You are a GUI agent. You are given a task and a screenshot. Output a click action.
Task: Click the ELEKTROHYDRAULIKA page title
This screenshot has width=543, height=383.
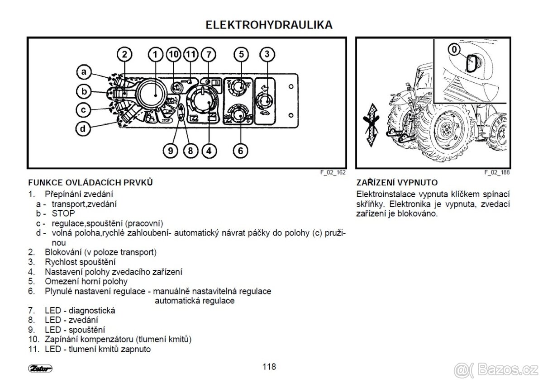[x=269, y=25]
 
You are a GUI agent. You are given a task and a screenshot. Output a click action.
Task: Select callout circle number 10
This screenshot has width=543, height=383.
[x=174, y=55]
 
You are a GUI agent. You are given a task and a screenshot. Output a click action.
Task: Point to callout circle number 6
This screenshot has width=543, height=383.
[x=241, y=151]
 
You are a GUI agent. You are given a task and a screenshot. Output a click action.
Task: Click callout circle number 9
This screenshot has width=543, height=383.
[x=170, y=151]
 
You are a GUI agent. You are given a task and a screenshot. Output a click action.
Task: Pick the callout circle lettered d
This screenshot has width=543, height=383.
[x=83, y=129]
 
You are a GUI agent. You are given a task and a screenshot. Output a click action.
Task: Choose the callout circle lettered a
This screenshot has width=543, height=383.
[x=83, y=71]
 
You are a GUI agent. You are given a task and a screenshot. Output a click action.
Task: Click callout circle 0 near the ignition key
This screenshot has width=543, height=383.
[x=454, y=48]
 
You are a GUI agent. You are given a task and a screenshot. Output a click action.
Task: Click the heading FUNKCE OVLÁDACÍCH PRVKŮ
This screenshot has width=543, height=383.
[x=90, y=183]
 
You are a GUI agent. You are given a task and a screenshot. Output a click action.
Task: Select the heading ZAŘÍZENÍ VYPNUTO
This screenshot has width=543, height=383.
[x=397, y=183]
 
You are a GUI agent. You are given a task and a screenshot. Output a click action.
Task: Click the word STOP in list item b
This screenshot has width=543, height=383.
[x=63, y=213]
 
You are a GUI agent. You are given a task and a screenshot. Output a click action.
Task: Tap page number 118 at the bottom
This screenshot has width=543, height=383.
[x=269, y=367]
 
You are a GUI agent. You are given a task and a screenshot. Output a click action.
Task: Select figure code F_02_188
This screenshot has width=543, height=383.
[x=497, y=173]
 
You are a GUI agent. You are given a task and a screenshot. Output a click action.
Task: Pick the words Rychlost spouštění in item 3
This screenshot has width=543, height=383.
[x=80, y=262]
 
